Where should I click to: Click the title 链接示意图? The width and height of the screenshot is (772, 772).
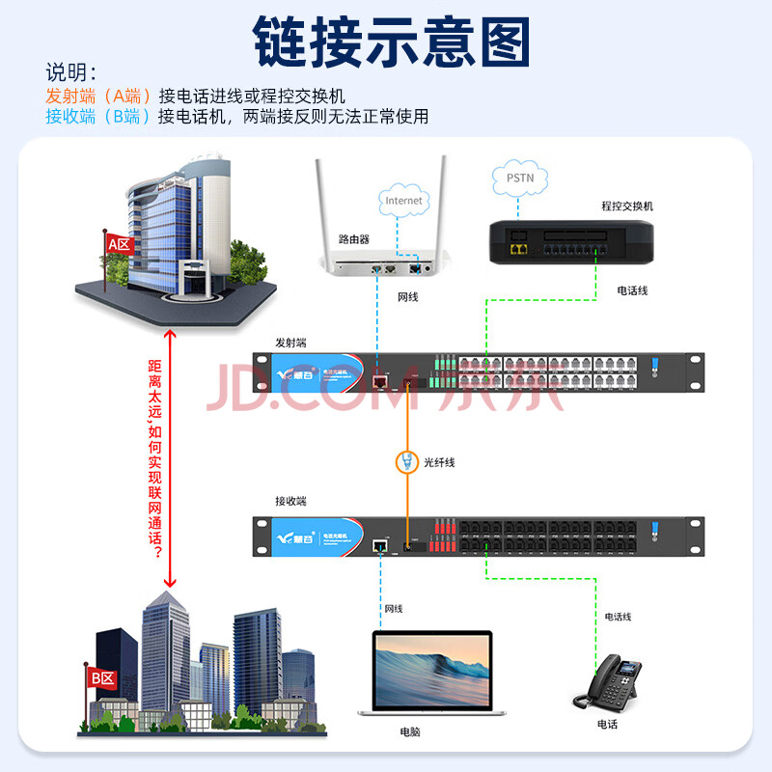392,40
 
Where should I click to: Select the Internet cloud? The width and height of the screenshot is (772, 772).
403,200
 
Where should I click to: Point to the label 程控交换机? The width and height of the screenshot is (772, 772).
627,207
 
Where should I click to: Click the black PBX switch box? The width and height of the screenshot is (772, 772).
568,241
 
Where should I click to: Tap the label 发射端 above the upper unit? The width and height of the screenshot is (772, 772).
290,343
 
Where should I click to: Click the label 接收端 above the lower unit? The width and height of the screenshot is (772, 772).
290,501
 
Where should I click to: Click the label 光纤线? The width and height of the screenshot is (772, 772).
439,463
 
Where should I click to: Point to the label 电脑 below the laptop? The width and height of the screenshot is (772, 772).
410,731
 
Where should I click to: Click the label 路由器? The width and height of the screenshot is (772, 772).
354,238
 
